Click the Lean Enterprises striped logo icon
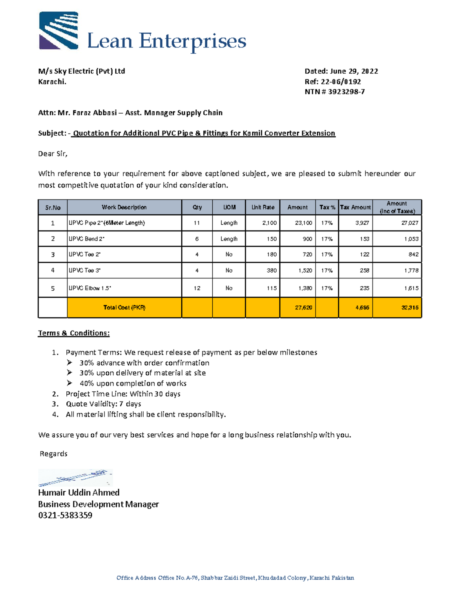58,31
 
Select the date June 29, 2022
354,71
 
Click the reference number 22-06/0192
341,82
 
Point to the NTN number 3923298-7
346,92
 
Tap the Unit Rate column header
263,207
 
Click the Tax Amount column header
355,207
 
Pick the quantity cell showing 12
197,288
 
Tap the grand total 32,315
410,307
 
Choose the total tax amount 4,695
362,307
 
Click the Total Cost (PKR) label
124,307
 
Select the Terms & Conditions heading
74,333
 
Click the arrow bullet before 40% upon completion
69,383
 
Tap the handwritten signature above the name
75,478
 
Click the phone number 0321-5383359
65,515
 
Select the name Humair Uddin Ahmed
78,493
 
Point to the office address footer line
235,578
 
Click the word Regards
53,454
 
